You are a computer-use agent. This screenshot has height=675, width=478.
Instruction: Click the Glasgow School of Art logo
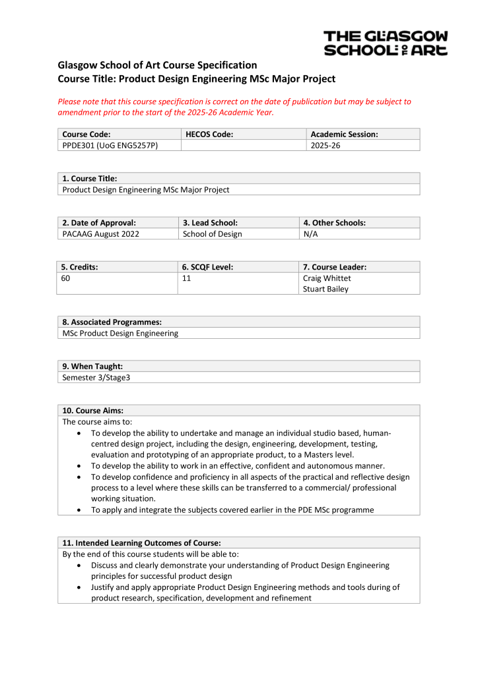tap(386, 43)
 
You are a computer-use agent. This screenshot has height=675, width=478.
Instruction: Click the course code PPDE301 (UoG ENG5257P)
tap(110, 145)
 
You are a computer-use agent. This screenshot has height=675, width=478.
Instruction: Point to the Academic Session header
tap(344, 134)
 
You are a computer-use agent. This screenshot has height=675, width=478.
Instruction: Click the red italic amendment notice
tap(234, 107)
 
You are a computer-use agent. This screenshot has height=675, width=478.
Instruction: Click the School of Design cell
tap(212, 234)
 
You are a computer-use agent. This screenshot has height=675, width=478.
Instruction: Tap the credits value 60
tap(66, 278)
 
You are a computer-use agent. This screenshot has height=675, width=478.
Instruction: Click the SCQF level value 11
tap(186, 278)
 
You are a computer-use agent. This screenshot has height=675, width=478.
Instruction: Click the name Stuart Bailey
tap(325, 289)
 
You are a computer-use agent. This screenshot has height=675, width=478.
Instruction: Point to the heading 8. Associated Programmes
tap(112, 322)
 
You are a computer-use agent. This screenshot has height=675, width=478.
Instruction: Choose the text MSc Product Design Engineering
tap(120, 333)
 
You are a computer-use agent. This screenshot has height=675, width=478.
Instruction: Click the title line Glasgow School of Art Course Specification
tap(157, 65)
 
